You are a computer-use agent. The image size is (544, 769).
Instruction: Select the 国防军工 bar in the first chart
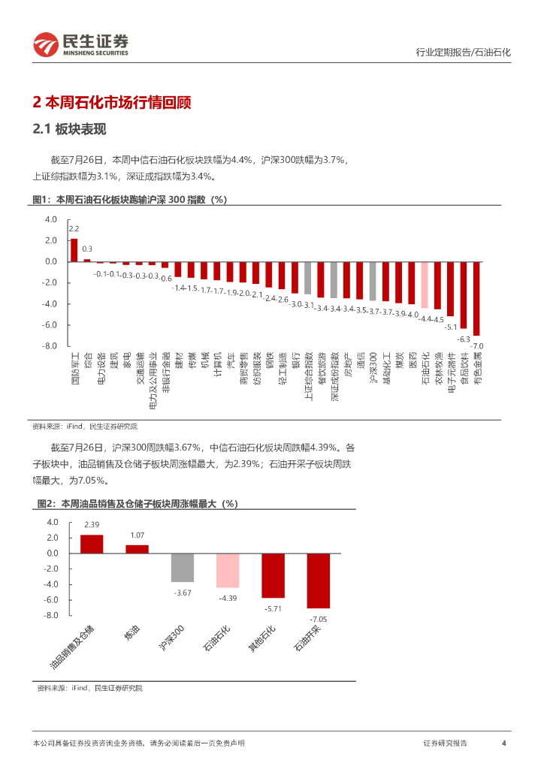coord(74,250)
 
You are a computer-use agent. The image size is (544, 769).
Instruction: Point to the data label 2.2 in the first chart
coord(74,228)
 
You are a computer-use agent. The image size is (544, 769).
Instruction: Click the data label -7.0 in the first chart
coord(477,345)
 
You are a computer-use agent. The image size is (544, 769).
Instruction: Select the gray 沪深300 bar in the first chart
coord(373,281)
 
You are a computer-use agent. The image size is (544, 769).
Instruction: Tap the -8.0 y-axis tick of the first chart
coord(50,346)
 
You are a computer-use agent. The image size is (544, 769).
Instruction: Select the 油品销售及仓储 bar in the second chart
coord(92,544)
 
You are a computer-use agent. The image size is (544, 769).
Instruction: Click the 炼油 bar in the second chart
coord(137,549)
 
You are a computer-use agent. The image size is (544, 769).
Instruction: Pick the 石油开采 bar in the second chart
coord(319,581)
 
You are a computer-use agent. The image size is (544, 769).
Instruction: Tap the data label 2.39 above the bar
coord(92,524)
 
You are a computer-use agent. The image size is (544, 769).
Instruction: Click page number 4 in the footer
coord(503,743)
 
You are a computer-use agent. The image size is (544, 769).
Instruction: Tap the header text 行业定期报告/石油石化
coord(463,53)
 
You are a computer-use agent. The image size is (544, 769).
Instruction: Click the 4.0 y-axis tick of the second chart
coord(53,522)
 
